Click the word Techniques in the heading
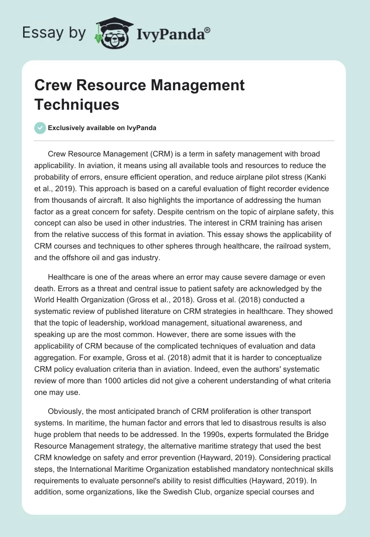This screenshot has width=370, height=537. [x=77, y=104]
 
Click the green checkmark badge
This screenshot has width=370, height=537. [x=40, y=128]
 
